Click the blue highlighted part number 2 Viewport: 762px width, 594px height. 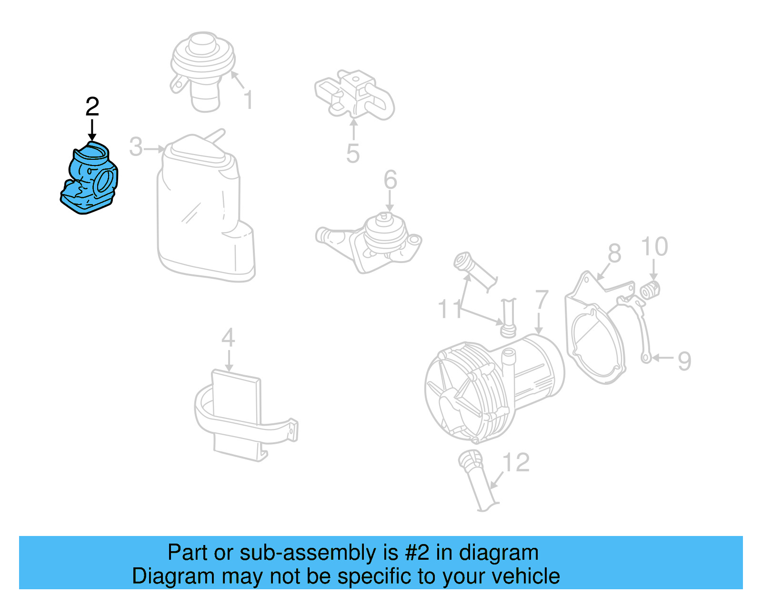coord(90,179)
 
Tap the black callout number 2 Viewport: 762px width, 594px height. coord(92,107)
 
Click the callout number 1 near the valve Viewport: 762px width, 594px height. coord(248,100)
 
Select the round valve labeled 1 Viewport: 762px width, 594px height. coord(203,67)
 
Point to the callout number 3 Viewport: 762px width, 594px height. coord(136,147)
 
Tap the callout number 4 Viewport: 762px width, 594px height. coord(228,338)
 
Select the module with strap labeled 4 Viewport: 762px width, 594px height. coord(238,414)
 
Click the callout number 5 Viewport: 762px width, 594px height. coord(352,153)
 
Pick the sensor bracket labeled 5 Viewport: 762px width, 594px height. coord(355,95)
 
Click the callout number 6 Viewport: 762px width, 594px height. coord(390,180)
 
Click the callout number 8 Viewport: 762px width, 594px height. coord(614,253)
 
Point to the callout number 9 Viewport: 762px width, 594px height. coord(684,361)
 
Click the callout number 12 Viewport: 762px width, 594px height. coord(516,462)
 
